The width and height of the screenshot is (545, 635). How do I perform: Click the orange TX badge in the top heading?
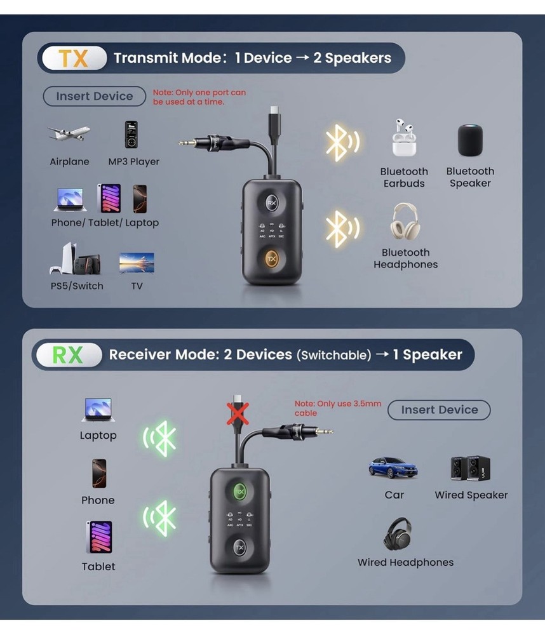[74, 58]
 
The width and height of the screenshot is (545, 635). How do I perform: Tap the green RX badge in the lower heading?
[68, 354]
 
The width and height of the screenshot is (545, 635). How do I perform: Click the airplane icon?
[69, 134]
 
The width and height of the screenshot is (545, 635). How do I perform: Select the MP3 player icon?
[131, 134]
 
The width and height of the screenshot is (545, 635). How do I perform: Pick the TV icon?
[137, 263]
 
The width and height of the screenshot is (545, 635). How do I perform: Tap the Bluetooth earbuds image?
[403, 138]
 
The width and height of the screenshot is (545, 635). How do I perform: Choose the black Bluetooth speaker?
[470, 140]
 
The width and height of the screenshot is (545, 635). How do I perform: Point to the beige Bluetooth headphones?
[405, 222]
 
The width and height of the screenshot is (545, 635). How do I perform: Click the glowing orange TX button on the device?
[271, 259]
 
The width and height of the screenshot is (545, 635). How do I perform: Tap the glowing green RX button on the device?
[239, 491]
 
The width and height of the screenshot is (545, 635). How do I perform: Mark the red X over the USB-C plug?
[239, 413]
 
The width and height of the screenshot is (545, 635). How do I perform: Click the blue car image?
[393, 468]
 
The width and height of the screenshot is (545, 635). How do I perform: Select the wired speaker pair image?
[470, 469]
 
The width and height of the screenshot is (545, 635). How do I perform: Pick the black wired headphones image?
[398, 534]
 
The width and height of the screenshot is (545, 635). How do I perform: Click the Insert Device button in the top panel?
[94, 97]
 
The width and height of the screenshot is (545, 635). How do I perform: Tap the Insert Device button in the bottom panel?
[439, 410]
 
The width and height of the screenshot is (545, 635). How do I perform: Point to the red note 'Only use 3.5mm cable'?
[338, 408]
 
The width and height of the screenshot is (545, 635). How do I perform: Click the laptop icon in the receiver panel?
[98, 410]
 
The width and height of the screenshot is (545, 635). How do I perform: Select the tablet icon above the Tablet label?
[99, 537]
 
